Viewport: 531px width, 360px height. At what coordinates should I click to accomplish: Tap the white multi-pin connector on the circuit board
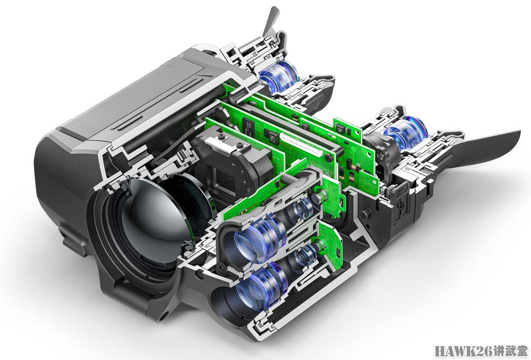coord(299,144)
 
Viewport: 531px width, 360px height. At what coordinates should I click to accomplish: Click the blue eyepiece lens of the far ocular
coord(278,76)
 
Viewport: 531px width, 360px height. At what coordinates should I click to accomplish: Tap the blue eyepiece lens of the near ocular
coord(405,133)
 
